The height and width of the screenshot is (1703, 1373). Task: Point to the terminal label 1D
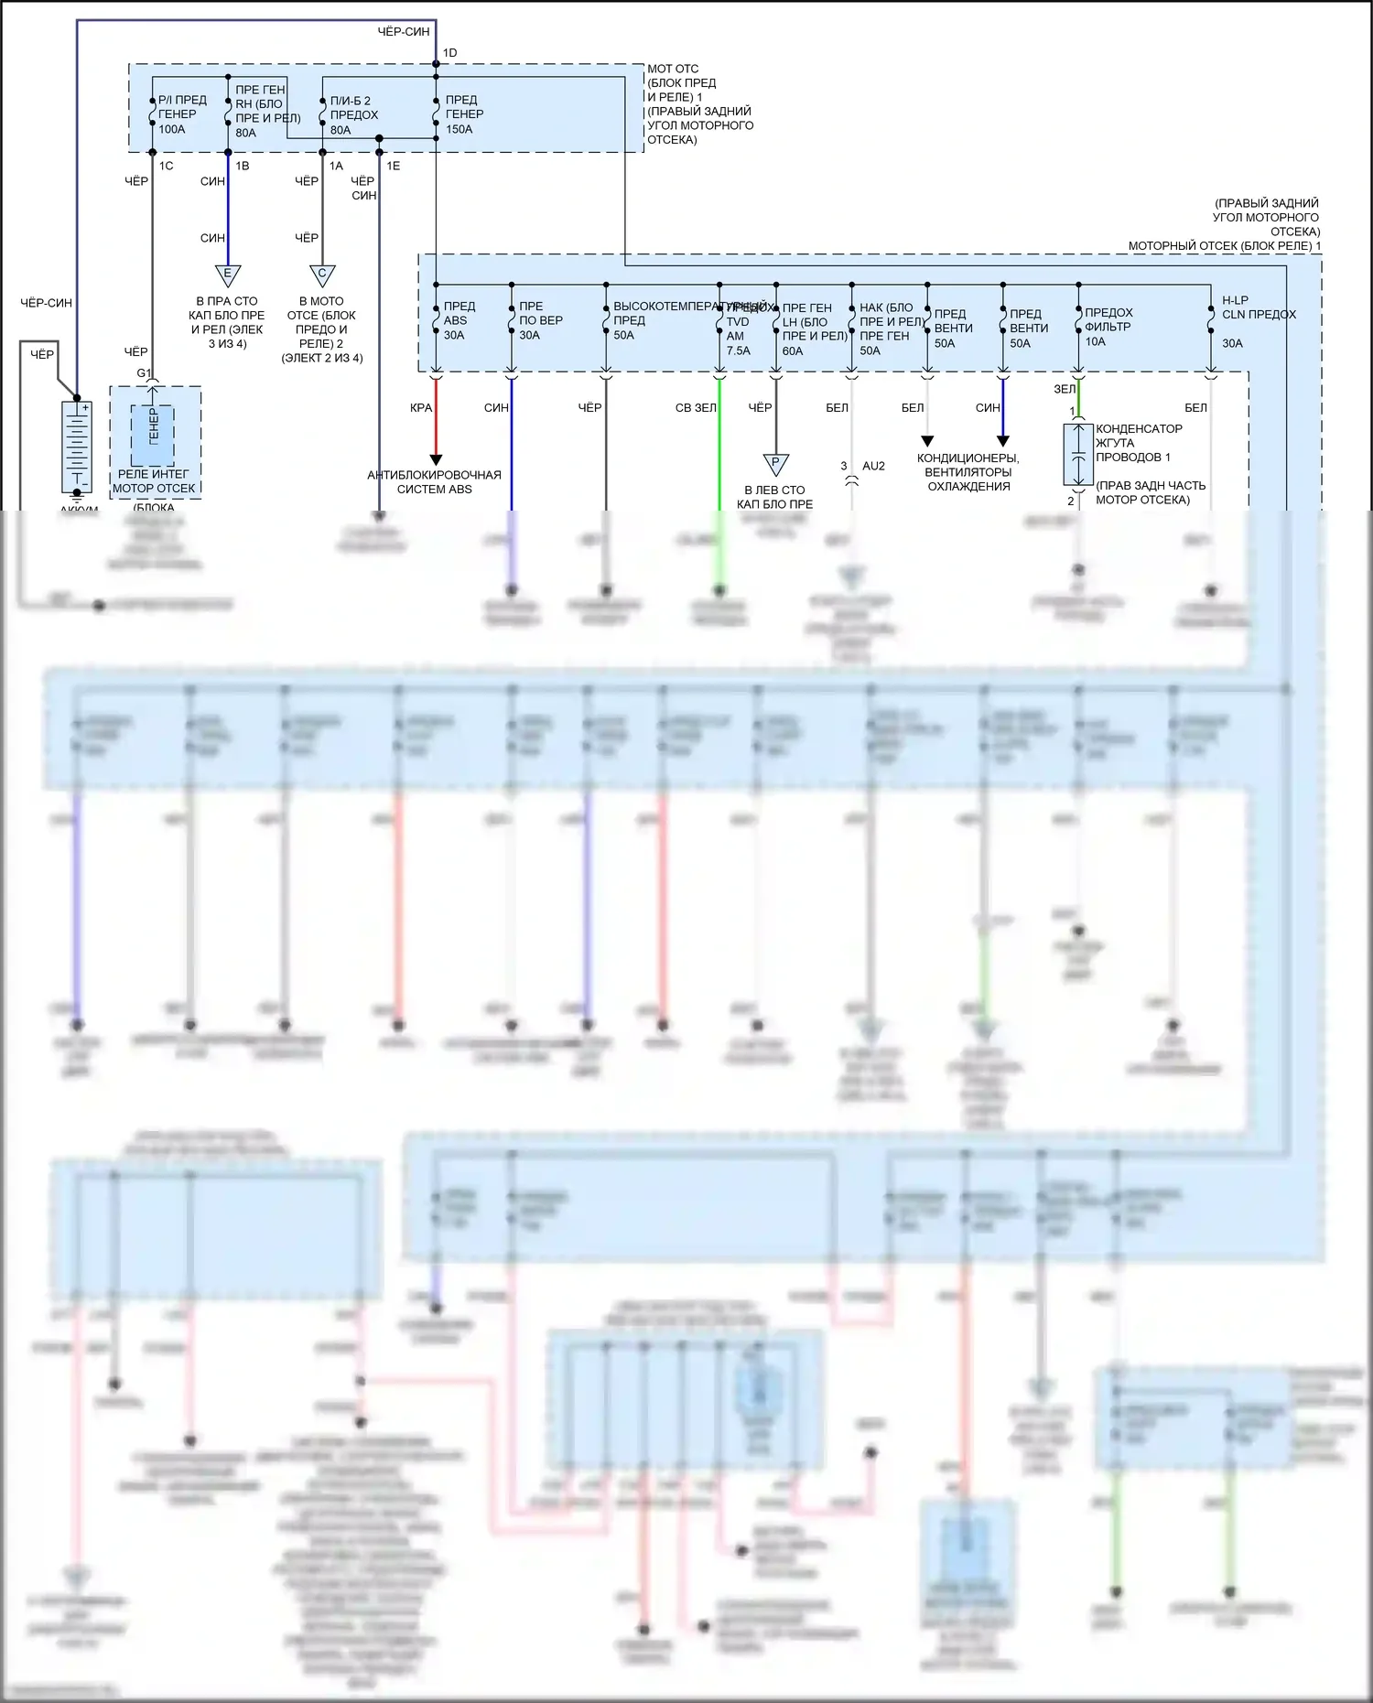[449, 53]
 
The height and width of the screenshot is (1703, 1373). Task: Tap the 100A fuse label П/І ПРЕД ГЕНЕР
[181, 114]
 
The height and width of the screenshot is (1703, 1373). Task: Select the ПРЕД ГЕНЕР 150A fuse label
[464, 114]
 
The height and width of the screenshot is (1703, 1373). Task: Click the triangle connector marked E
[227, 275]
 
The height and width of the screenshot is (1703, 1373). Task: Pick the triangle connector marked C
[322, 275]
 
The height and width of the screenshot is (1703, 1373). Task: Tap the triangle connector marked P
[775, 464]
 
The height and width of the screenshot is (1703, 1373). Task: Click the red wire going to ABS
[437, 421]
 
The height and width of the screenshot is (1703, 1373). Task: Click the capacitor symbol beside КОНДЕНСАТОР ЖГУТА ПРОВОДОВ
[1078, 454]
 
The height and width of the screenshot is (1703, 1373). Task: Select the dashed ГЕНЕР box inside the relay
[152, 435]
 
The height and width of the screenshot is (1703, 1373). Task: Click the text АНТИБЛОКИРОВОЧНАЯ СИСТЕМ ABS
[434, 482]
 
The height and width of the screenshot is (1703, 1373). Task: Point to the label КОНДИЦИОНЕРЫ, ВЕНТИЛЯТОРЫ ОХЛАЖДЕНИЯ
[968, 472]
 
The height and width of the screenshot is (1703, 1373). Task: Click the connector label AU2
[873, 466]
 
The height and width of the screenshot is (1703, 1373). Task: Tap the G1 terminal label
[144, 373]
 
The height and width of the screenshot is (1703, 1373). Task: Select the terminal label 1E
[393, 166]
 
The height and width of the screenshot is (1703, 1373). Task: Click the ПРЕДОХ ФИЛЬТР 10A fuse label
[1108, 327]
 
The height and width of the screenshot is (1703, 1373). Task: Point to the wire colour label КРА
[421, 408]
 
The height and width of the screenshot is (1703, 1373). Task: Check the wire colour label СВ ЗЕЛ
[696, 408]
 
